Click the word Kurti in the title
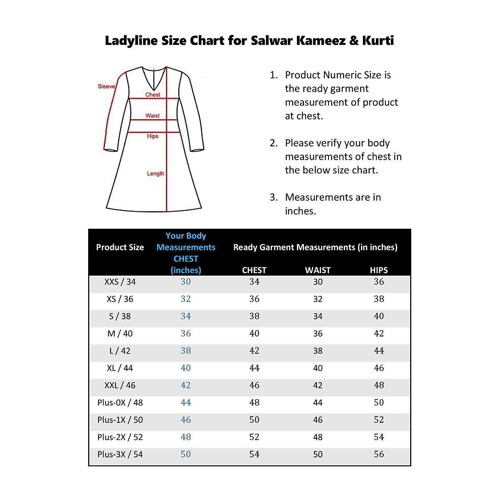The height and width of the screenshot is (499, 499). pos(378,41)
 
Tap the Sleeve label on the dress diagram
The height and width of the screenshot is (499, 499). pos(106,86)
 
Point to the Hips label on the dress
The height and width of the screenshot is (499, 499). pos(153,136)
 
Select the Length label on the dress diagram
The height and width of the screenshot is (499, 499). pos(156,174)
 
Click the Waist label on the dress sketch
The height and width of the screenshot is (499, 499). pos(153,116)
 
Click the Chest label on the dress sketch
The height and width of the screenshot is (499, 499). pos(153,95)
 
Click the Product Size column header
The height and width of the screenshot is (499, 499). pos(120,247)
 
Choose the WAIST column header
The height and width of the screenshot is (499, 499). pos(318,270)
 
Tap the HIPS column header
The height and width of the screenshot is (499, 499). pos(379,270)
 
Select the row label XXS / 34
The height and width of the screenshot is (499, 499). pos(120,282)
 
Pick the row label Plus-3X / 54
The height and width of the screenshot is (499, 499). pos(120,455)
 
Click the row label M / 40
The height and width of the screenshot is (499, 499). pos(120,333)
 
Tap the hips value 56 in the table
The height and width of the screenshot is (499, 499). pos(379,455)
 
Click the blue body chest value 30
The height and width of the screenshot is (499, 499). pos(186,282)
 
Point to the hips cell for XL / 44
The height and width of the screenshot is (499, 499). pos(379,368)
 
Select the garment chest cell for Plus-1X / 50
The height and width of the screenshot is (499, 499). pos(254,420)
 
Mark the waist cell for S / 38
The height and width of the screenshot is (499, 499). pos(318,316)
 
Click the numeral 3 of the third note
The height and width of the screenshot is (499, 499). pos(273,198)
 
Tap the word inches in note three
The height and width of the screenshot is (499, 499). pos(300,211)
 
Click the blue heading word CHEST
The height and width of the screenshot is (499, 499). pos(186,259)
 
